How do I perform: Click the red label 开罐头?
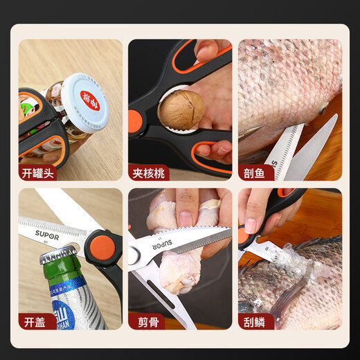tap(37, 173)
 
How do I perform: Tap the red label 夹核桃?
tap(147, 173)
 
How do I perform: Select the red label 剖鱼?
tap(253, 173)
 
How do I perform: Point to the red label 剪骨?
tap(143, 321)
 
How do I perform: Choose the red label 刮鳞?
tap(253, 321)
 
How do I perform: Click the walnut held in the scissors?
tap(181, 109)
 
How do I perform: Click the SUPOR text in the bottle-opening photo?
tap(48, 233)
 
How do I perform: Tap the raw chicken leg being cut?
tap(173, 267)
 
